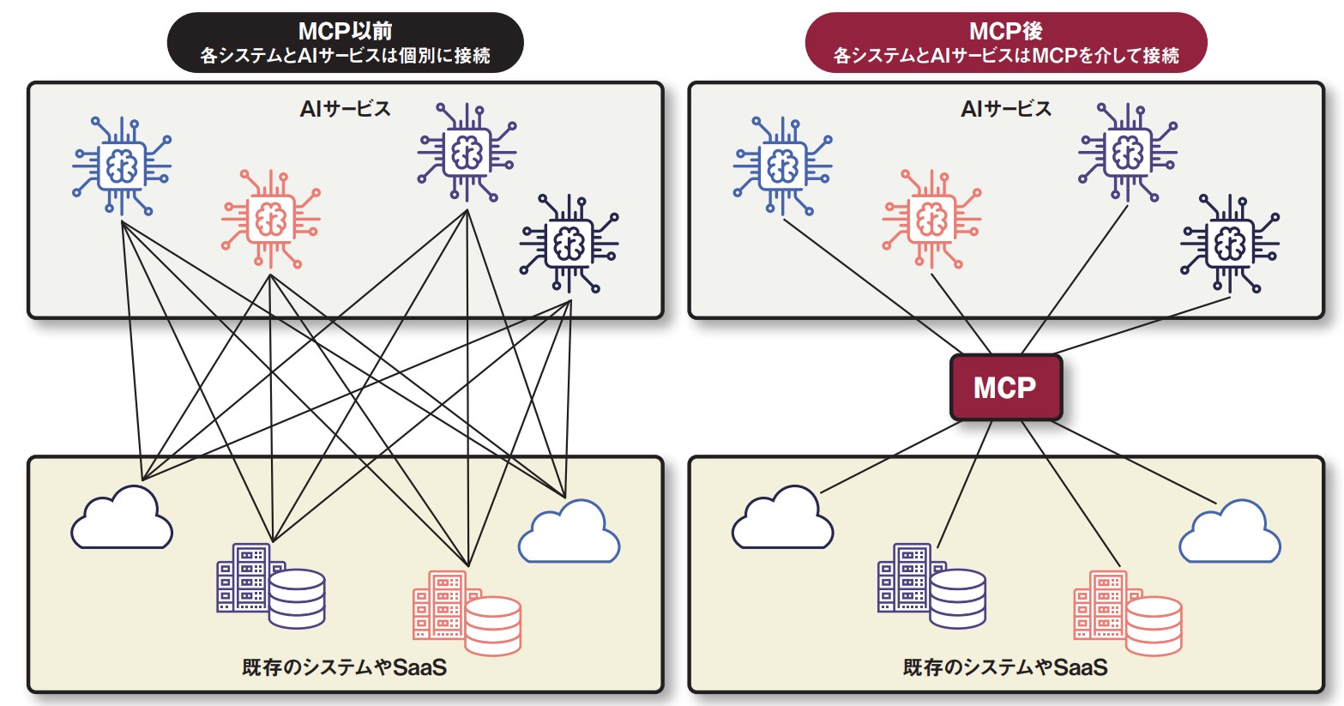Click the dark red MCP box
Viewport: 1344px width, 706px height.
click(x=1005, y=388)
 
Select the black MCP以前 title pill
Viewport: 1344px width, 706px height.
click(x=345, y=43)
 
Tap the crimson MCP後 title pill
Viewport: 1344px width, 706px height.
click(x=1005, y=43)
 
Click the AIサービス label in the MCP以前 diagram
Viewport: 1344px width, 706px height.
click(x=345, y=109)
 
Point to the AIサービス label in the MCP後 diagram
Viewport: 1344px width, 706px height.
click(x=1005, y=109)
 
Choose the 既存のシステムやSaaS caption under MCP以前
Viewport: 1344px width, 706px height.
click(x=345, y=667)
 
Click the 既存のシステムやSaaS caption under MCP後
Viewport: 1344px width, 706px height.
click(x=1005, y=667)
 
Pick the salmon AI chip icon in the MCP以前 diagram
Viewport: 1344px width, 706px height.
click(x=270, y=220)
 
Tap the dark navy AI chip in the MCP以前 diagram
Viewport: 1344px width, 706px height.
click(x=569, y=244)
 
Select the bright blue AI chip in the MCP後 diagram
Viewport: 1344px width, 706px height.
click(x=782, y=166)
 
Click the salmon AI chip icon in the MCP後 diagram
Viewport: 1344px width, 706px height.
click(x=931, y=220)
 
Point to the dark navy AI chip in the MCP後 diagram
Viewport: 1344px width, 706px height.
click(x=1229, y=244)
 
